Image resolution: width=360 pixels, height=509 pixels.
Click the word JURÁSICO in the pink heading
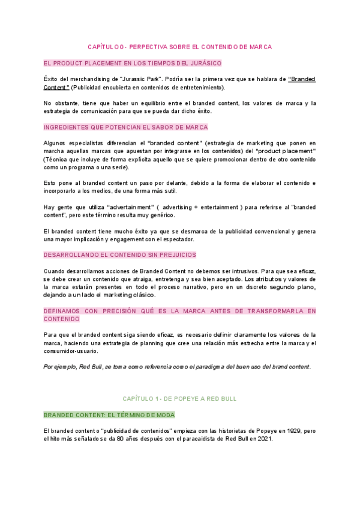pyautogui.click(x=204, y=63)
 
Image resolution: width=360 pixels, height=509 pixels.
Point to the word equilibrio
pyautogui.click(x=139, y=103)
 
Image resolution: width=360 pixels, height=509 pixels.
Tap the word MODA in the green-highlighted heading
pyautogui.click(x=163, y=415)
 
